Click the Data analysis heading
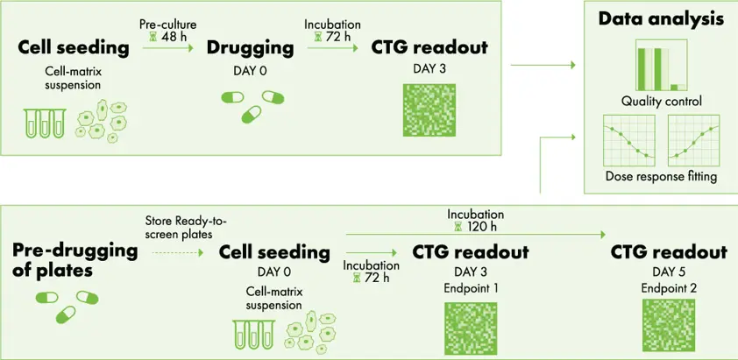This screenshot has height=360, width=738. [x=661, y=19]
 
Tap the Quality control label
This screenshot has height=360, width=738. [x=661, y=102]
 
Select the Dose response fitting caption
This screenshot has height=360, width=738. [x=661, y=177]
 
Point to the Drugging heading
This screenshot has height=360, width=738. [x=251, y=48]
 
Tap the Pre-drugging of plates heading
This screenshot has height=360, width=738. [x=75, y=261]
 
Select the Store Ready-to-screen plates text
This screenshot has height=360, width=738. [x=186, y=226]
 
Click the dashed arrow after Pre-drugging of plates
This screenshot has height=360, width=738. [x=177, y=253]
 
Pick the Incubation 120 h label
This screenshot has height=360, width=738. [x=475, y=220]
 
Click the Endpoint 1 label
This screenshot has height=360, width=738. [x=471, y=288]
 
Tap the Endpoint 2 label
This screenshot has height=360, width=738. [x=669, y=288]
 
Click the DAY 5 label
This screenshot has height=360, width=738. [x=669, y=272]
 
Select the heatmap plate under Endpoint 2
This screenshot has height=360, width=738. [x=669, y=325]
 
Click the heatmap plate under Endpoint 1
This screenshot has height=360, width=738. [x=471, y=328]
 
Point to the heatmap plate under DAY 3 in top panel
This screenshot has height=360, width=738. [x=429, y=110]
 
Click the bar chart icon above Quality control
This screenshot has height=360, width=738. [x=661, y=65]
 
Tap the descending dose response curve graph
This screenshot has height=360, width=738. [x=628, y=140]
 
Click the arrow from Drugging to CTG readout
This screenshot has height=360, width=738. [x=332, y=47]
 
